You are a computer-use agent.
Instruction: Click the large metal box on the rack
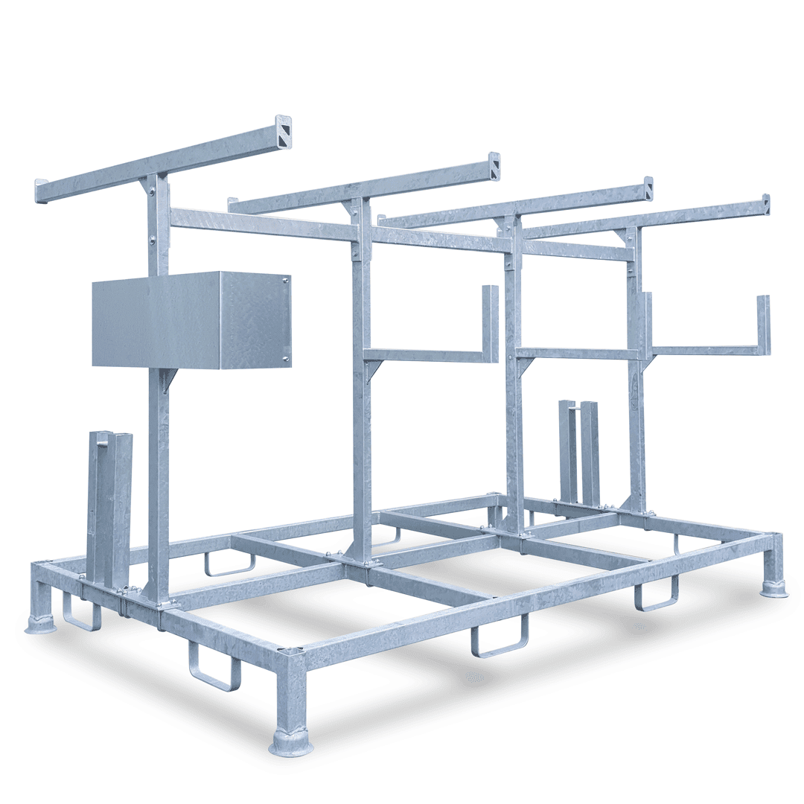point(191,320)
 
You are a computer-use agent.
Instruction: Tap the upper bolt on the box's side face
point(287,281)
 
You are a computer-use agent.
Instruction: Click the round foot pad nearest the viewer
point(290,743)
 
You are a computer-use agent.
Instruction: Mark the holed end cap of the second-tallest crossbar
point(494,165)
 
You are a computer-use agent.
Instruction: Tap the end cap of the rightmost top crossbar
point(765,204)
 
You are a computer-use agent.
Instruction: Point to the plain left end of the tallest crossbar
point(40,191)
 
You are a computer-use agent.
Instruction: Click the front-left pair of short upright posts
point(109,506)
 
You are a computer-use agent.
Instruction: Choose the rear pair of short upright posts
point(579,453)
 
